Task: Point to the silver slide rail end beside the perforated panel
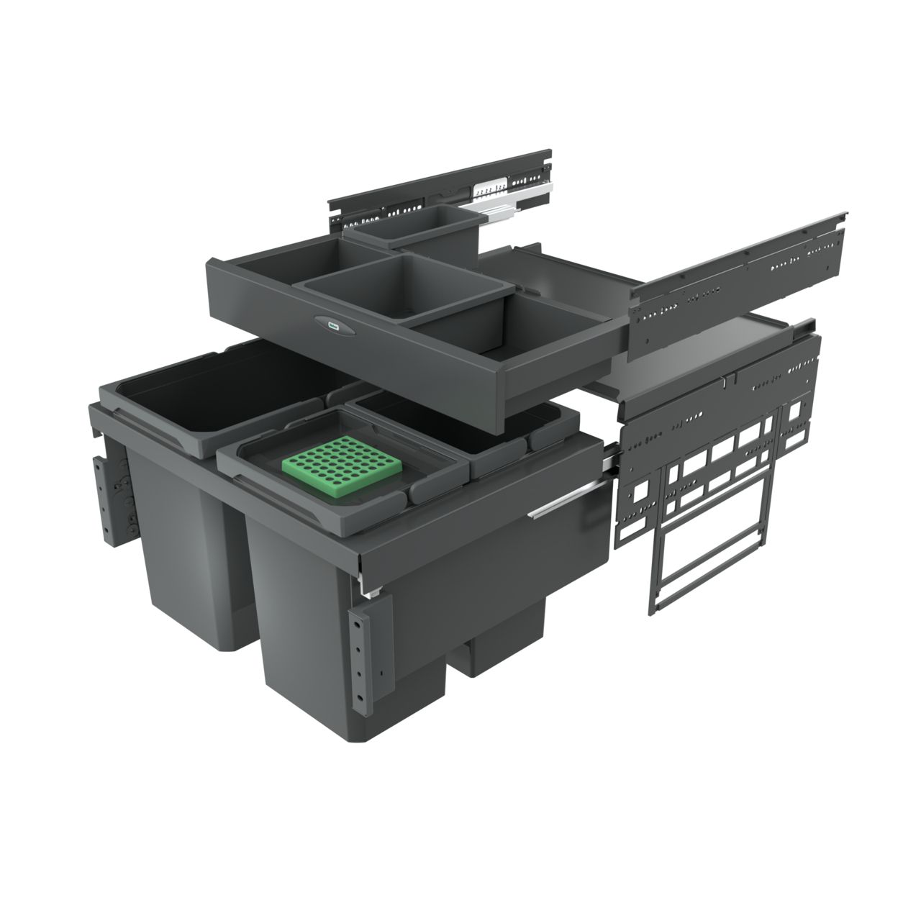(x=610, y=457)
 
